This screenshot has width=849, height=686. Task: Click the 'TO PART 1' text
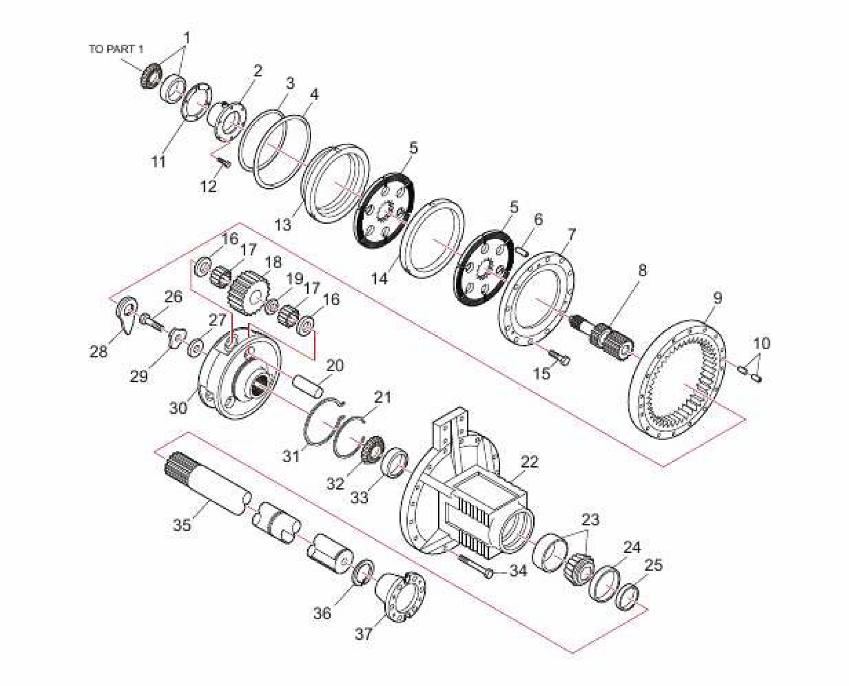click(x=116, y=49)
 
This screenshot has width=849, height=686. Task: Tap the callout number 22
click(x=529, y=462)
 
